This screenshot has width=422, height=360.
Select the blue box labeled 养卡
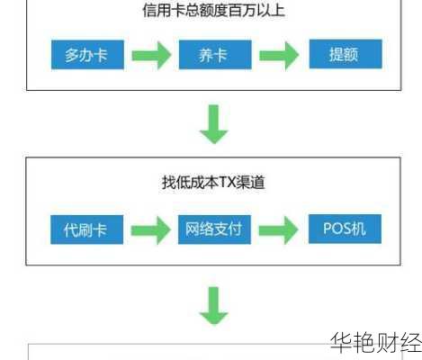[x=213, y=55]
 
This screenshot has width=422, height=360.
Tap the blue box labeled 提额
[x=345, y=54]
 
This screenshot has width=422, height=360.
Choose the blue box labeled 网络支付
[x=213, y=229]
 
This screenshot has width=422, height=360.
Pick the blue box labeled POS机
[x=345, y=229]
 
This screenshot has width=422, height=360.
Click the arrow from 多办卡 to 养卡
[x=150, y=56]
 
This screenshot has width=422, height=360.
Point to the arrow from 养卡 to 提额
[x=279, y=56]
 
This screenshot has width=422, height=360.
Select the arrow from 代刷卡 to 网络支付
[x=150, y=230]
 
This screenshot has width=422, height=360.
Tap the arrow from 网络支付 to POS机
[x=279, y=230]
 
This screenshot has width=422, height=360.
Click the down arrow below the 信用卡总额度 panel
[x=214, y=124]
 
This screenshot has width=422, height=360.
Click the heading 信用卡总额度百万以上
[x=213, y=12]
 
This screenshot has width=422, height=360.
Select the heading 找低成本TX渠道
[x=212, y=184]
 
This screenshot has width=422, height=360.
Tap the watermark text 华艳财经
[x=374, y=343]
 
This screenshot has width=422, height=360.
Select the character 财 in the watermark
[x=386, y=343]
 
